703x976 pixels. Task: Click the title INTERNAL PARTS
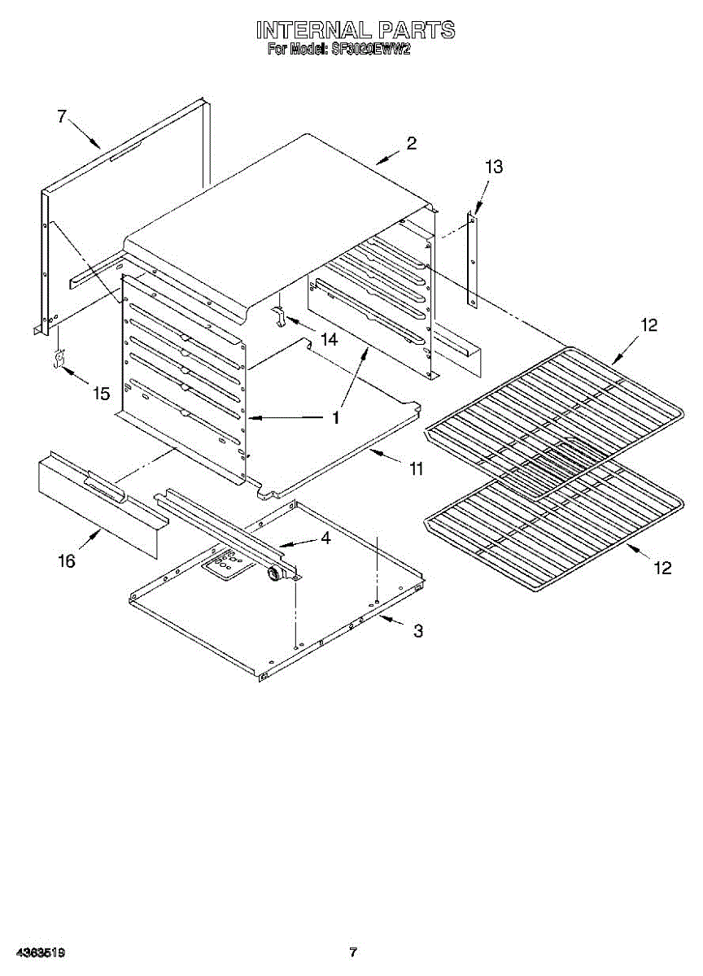pyautogui.click(x=356, y=31)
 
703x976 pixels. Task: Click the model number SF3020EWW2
pyautogui.click(x=369, y=50)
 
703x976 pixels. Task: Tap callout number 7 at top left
pyautogui.click(x=61, y=116)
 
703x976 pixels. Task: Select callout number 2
pyautogui.click(x=411, y=143)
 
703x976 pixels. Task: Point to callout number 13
pyautogui.click(x=493, y=168)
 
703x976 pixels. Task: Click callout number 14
pyautogui.click(x=328, y=340)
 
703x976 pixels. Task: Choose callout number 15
pyautogui.click(x=101, y=394)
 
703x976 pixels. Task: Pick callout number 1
pyautogui.click(x=334, y=418)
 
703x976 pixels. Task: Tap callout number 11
pyautogui.click(x=417, y=468)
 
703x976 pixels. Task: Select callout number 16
pyautogui.click(x=66, y=560)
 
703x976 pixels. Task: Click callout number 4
pyautogui.click(x=325, y=538)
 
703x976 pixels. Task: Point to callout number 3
pyautogui.click(x=417, y=630)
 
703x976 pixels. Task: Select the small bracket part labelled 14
pyautogui.click(x=278, y=316)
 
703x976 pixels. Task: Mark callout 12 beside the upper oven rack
pyautogui.click(x=648, y=325)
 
